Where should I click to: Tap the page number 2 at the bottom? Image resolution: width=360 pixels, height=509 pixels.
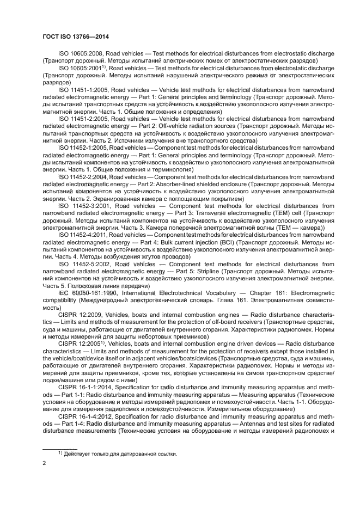click(45, 463)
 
